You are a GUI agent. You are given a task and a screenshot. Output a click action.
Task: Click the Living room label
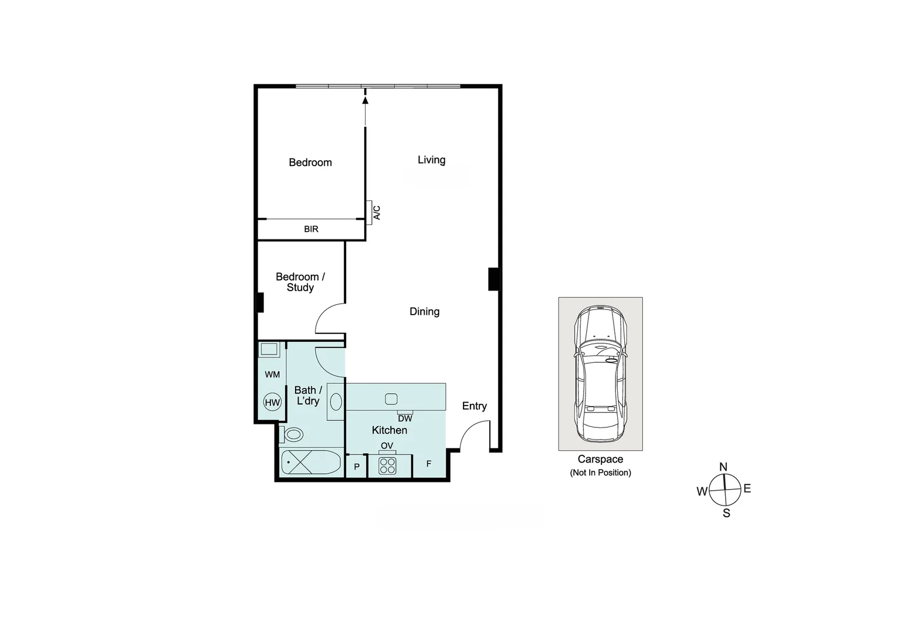click(431, 160)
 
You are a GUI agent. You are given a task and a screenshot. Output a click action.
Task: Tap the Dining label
click(424, 312)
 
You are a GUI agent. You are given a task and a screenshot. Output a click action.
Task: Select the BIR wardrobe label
click(311, 229)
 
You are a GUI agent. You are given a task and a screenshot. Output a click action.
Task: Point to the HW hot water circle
click(272, 402)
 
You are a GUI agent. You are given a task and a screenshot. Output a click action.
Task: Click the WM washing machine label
click(272, 375)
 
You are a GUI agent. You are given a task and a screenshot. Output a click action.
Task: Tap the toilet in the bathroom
click(292, 435)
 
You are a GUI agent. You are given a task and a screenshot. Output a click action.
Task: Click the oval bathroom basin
click(336, 402)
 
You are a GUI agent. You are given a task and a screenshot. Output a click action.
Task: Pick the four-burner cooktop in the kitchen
click(387, 466)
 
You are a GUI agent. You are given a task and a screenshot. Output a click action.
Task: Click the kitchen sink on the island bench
click(391, 399)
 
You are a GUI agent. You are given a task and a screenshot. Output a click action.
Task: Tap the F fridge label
click(429, 464)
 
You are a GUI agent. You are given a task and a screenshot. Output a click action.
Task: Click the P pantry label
click(357, 467)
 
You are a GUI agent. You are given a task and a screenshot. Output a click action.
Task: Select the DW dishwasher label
click(405, 419)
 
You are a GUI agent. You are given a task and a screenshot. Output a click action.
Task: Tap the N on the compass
click(723, 467)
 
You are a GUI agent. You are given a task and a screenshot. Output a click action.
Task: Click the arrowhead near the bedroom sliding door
click(365, 100)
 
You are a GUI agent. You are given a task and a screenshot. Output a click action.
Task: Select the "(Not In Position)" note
click(600, 473)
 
